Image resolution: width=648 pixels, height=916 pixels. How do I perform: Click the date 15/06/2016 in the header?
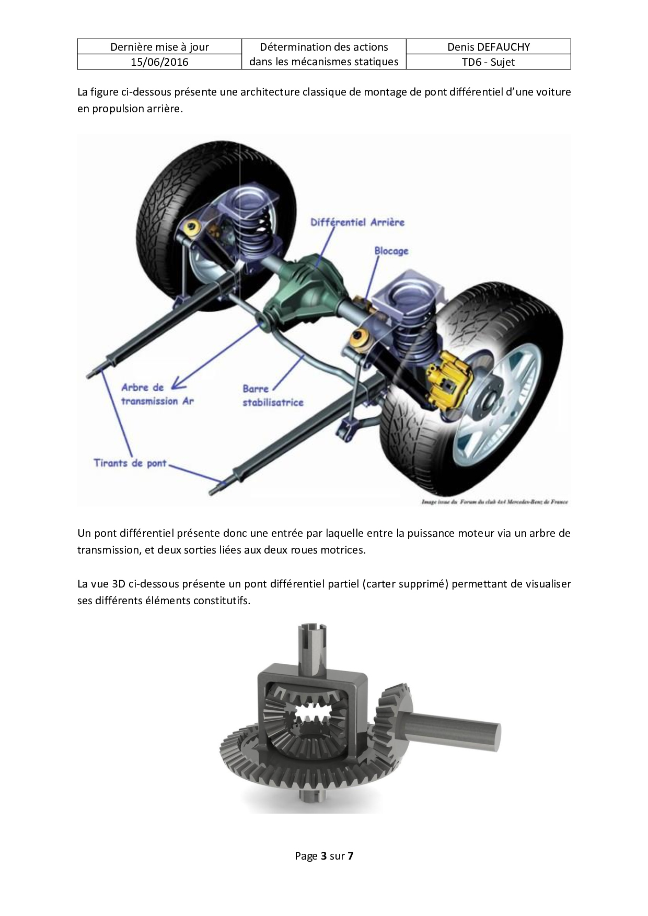click(159, 62)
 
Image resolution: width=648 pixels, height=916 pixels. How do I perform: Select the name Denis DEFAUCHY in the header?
click(489, 47)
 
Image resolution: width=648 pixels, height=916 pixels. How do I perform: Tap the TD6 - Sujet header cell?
click(489, 62)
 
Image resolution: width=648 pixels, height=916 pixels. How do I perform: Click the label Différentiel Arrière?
click(357, 222)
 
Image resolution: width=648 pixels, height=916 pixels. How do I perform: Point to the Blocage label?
click(391, 251)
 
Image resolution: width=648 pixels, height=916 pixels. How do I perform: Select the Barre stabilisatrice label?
click(273, 395)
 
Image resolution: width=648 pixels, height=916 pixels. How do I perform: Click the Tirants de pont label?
click(130, 463)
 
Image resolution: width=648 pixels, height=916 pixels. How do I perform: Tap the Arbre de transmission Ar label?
click(157, 394)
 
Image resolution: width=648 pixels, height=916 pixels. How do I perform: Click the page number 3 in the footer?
click(324, 856)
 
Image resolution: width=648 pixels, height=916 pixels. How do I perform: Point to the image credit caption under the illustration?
click(494, 502)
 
